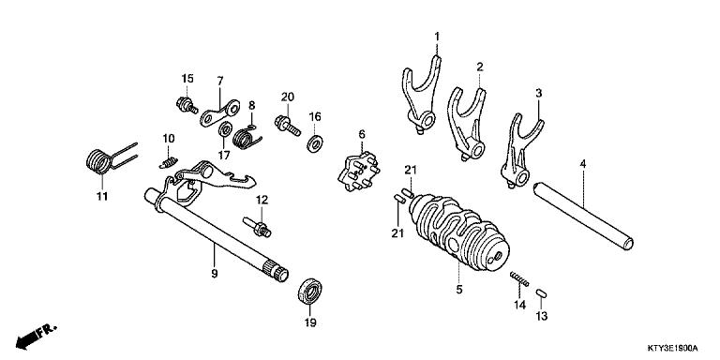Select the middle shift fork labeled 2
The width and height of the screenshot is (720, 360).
(466, 119)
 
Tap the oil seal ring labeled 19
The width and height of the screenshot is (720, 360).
(309, 291)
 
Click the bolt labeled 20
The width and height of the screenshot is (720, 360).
(284, 121)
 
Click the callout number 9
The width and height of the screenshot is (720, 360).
(215, 274)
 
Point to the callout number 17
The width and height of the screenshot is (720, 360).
(223, 155)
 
